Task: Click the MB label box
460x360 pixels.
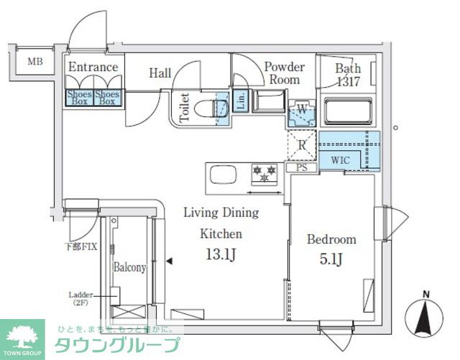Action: point(35,62)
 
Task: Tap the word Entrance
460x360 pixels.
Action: point(93,68)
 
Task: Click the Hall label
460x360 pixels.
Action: point(160,73)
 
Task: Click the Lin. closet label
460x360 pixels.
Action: point(241,101)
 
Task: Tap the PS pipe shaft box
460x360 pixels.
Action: point(302,167)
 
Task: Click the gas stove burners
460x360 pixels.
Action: point(263,173)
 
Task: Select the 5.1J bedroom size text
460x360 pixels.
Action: point(331,259)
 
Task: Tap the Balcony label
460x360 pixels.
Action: point(129,267)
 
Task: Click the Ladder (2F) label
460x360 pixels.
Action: point(79,298)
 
